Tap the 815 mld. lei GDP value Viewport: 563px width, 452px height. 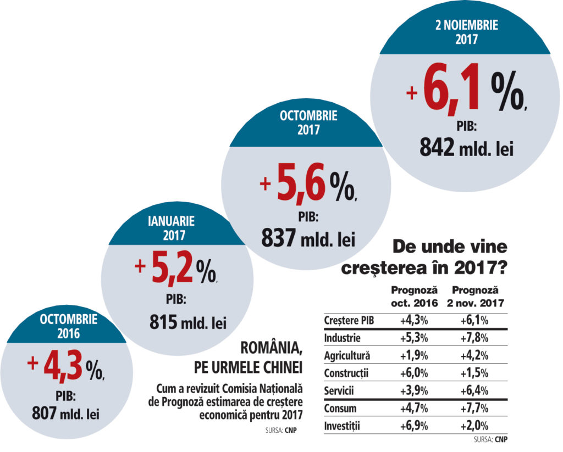coord(188,322)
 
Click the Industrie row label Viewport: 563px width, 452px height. coord(342,337)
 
